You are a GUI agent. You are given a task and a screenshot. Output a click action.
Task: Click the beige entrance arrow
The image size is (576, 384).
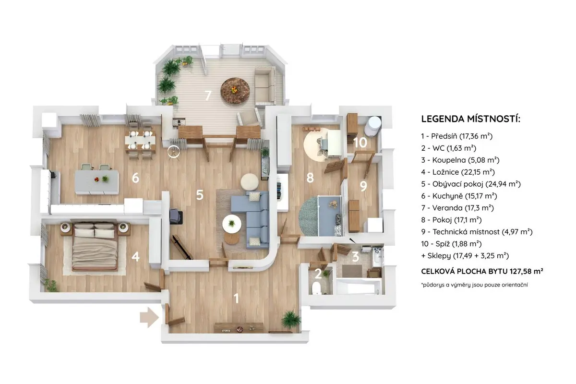click(149, 318)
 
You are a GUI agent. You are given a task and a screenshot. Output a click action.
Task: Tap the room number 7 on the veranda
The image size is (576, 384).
click(208, 96)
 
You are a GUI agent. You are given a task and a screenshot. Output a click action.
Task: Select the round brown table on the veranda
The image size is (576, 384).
click(235, 91)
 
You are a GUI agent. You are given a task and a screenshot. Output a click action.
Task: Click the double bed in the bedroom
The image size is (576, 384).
click(96, 247)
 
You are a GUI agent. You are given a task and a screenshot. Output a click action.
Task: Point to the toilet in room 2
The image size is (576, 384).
click(316, 288)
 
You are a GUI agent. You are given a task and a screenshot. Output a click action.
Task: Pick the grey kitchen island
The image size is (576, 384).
click(96, 182)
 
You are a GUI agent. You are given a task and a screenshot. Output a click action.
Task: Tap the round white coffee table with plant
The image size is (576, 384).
click(232, 224)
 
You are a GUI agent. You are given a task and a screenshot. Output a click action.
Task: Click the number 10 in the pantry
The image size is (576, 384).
click(360, 143)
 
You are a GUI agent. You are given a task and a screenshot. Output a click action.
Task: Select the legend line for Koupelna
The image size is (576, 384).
click(460, 160)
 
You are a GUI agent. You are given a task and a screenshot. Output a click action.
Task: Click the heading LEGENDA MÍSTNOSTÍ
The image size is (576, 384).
click(470, 119)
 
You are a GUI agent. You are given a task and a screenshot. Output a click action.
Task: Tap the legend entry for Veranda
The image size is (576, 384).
click(457, 208)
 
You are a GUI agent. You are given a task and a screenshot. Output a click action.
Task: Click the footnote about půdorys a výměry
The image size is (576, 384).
click(474, 285)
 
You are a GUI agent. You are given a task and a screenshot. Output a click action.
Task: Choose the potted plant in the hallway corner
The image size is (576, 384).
click(291, 320)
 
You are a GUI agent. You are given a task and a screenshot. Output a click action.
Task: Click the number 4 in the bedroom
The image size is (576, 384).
click(135, 256)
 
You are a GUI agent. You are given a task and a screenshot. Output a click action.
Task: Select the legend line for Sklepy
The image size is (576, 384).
click(465, 256)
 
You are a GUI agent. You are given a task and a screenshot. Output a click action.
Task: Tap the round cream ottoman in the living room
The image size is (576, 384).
click(250, 182)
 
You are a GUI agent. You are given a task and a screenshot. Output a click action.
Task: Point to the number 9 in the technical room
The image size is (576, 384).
click(363, 186)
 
